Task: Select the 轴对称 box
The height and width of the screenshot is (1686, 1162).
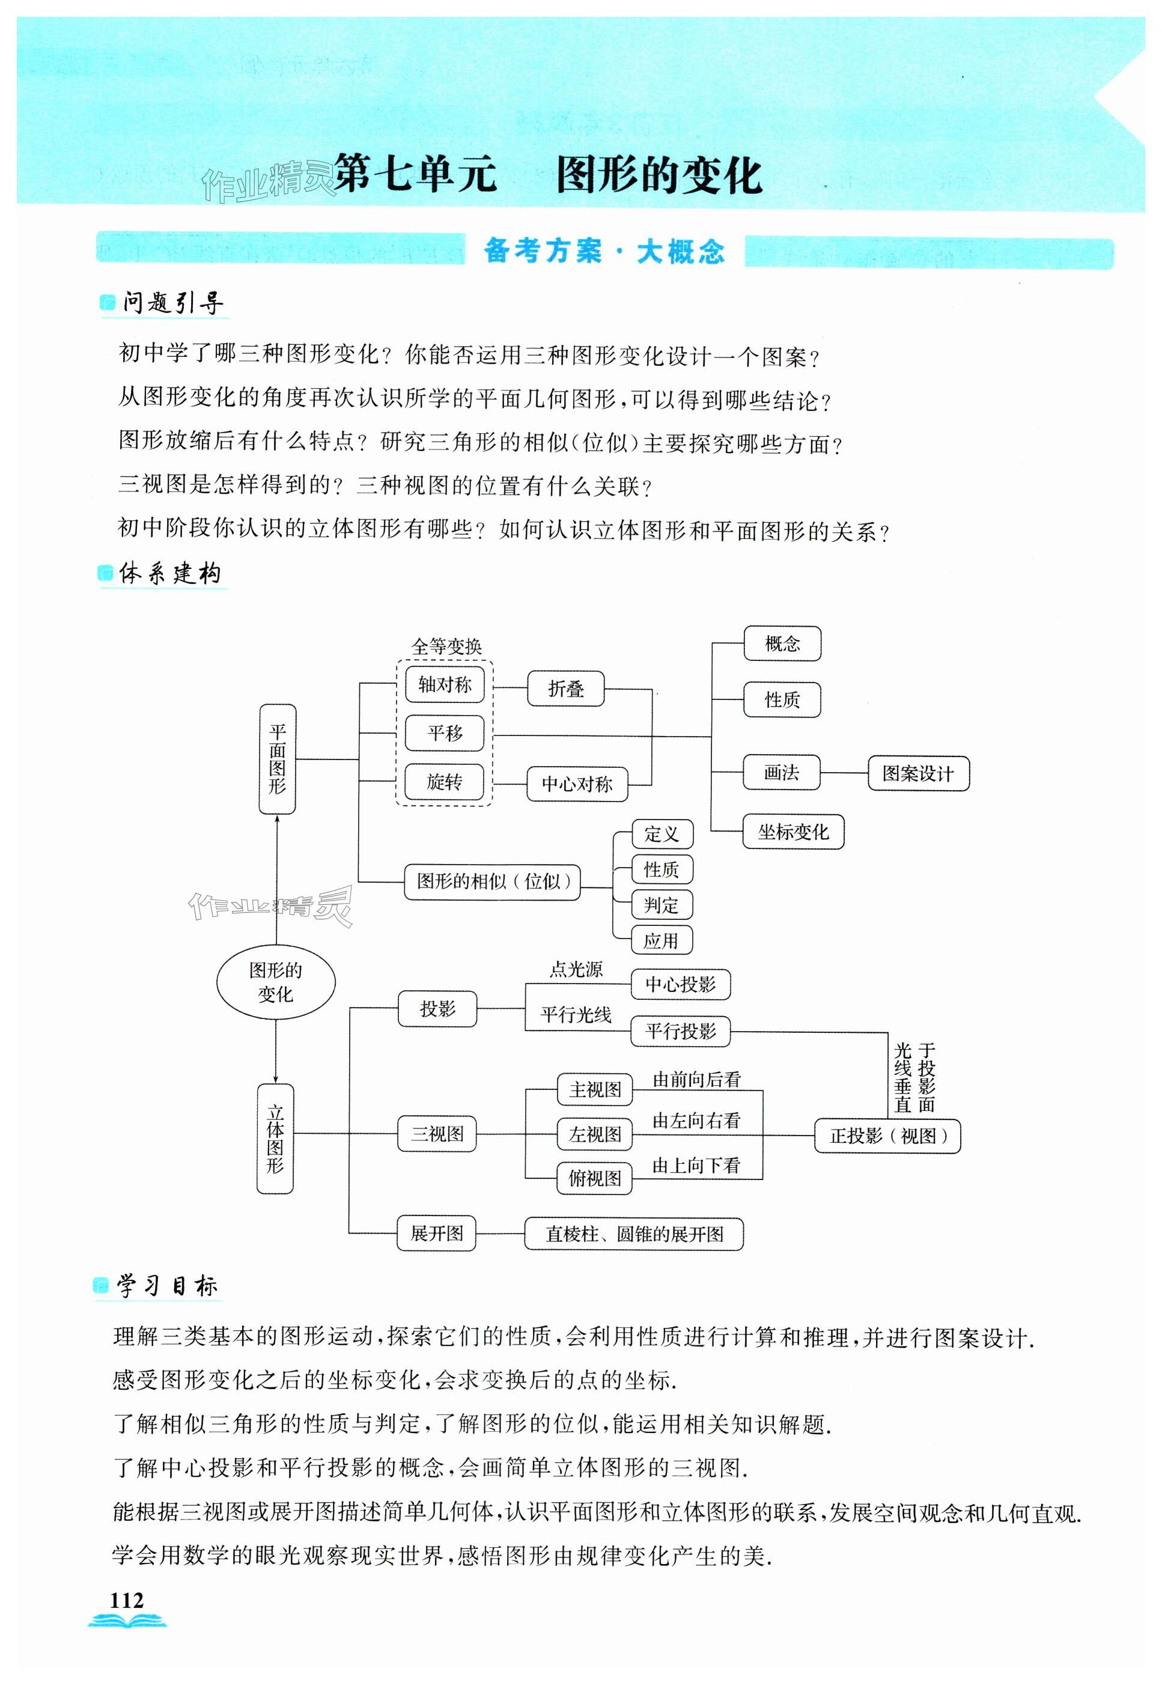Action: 444,684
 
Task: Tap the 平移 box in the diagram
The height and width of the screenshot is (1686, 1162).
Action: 444,733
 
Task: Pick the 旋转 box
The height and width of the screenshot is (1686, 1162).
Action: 444,782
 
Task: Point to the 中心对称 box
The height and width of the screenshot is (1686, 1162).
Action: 577,784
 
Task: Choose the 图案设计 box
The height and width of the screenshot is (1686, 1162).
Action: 917,773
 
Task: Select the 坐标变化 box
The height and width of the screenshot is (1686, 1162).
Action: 793,832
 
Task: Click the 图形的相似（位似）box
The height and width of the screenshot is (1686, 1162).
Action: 492,882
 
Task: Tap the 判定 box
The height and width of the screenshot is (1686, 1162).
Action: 660,905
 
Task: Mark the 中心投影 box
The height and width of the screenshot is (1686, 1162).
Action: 680,984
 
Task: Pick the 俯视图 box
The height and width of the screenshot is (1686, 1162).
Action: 595,1179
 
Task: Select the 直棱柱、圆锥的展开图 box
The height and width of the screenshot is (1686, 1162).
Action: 633,1234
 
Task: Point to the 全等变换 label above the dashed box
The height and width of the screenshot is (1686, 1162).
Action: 446,647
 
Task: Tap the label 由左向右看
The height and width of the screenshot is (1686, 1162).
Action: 696,1121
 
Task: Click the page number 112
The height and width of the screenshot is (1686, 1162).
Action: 127,1600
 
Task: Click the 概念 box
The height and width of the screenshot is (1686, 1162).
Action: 782,644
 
